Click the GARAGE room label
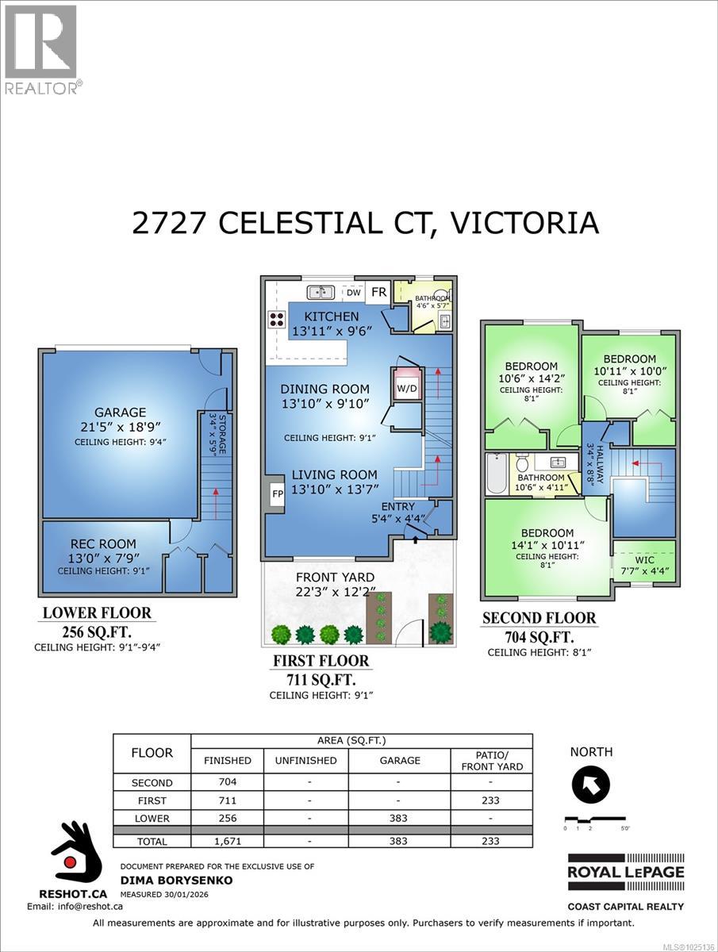point(121,412)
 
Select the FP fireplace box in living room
point(278,493)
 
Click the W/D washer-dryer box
point(407,389)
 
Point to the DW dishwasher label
point(353,293)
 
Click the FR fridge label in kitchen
point(378,292)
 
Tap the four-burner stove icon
point(277,320)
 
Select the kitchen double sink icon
point(320,292)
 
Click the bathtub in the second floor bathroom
point(498,473)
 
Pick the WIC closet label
point(645,559)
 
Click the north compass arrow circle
point(591,785)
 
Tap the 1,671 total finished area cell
point(227,841)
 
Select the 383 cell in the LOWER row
point(400,818)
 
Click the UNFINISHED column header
point(305,760)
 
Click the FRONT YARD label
point(334,577)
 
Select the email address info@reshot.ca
point(75,905)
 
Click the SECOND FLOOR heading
point(539,617)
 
